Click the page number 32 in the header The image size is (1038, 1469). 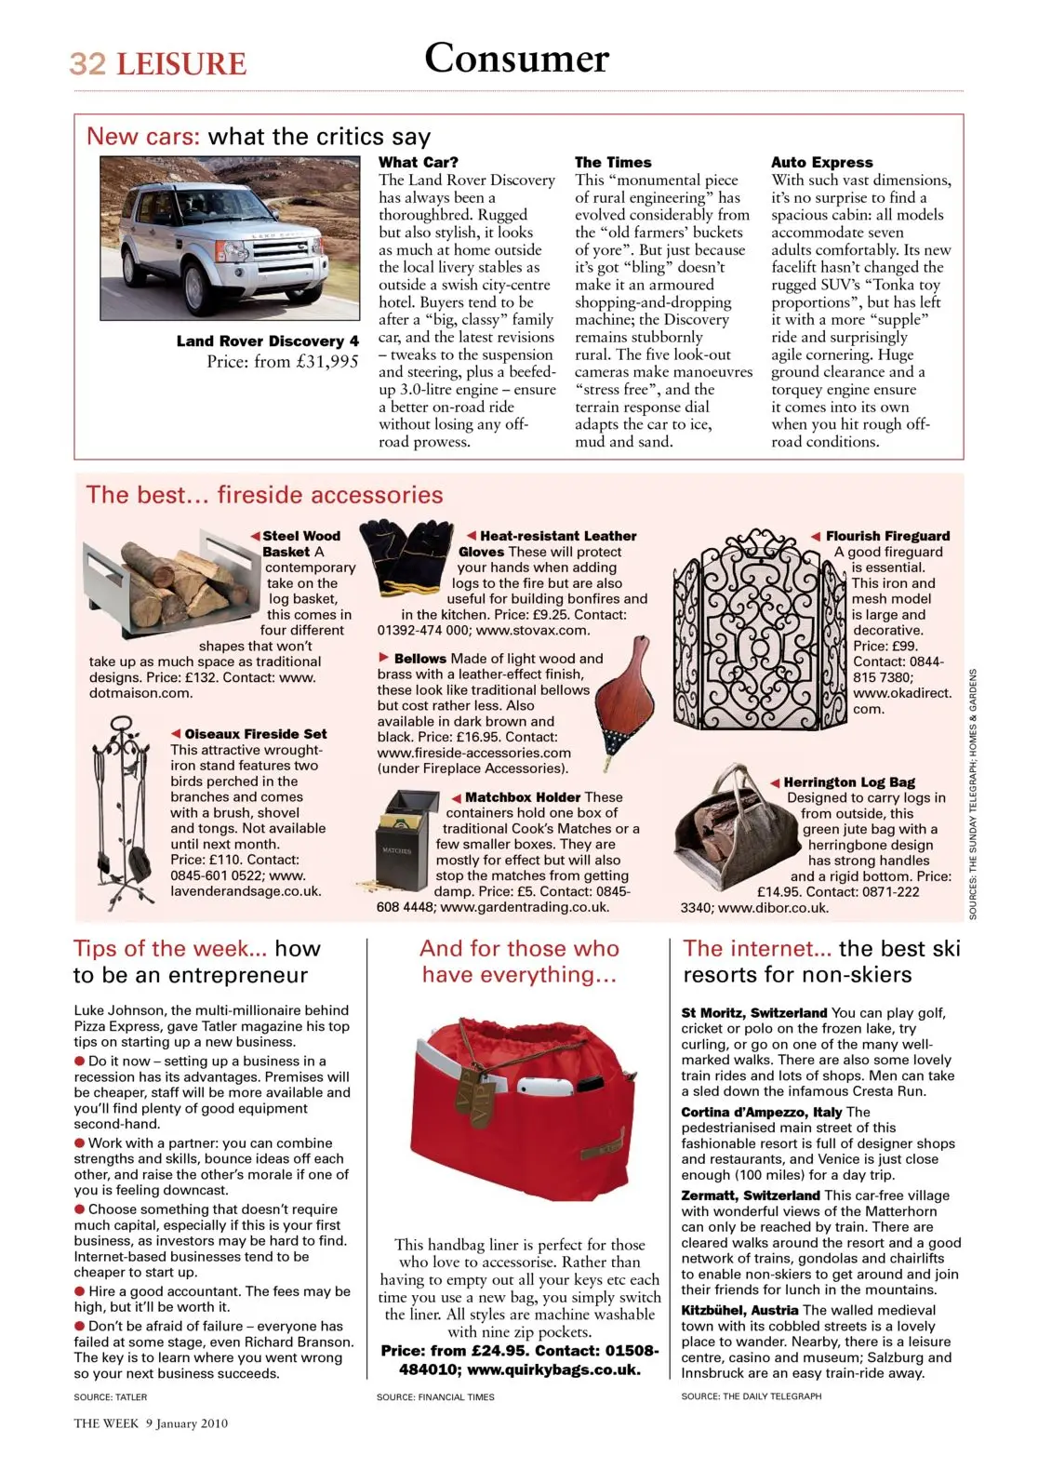coord(87,63)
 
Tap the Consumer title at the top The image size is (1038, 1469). coord(516,58)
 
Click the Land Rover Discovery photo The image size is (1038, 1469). coord(229,237)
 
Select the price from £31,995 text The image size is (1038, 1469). coord(282,362)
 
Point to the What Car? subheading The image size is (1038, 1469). coord(419,162)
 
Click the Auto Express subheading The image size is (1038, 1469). coord(821,162)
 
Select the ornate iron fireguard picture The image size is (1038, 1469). coord(758,631)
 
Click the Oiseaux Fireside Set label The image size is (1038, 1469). coord(255,734)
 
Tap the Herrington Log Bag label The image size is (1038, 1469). coord(848,782)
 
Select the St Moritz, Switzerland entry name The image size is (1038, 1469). coord(753,1012)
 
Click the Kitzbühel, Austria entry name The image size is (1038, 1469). coord(739,1310)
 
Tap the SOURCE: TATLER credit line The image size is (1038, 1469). coord(111,1396)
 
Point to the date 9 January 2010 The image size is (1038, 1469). coord(186,1423)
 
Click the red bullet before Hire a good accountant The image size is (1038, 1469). coord(80,1291)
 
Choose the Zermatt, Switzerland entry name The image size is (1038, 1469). coord(750,1195)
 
